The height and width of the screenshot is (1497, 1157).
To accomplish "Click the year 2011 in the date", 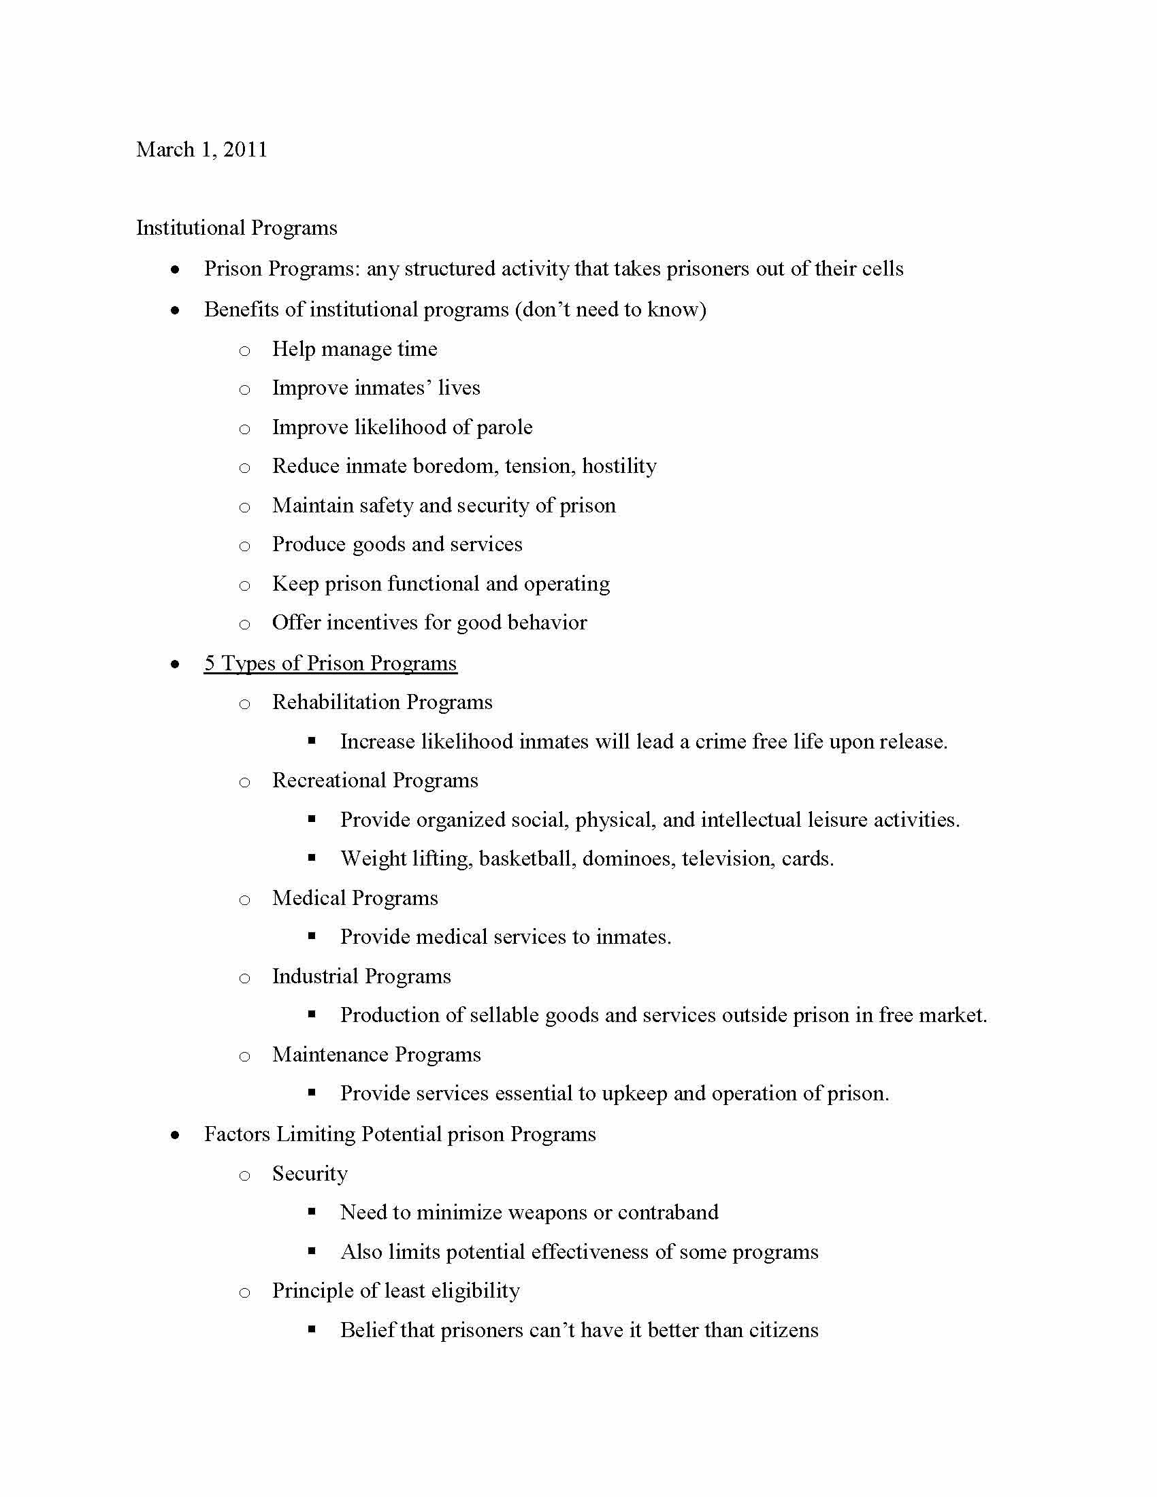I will click(245, 150).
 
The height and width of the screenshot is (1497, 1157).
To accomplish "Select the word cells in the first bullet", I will click(883, 268).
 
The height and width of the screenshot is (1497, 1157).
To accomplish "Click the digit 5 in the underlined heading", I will click(210, 663).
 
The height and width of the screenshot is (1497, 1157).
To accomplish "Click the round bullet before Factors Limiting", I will click(176, 1135).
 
